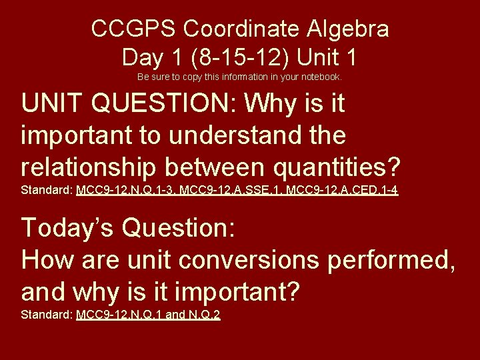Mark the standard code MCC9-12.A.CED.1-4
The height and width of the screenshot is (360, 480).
click(x=342, y=191)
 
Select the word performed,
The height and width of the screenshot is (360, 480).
click(x=391, y=259)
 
